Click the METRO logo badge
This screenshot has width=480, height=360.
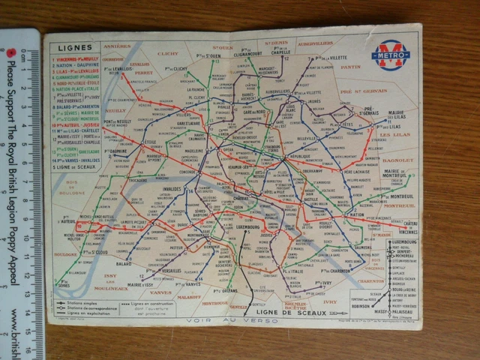coord(391,55)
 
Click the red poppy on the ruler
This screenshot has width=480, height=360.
coord(13,52)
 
